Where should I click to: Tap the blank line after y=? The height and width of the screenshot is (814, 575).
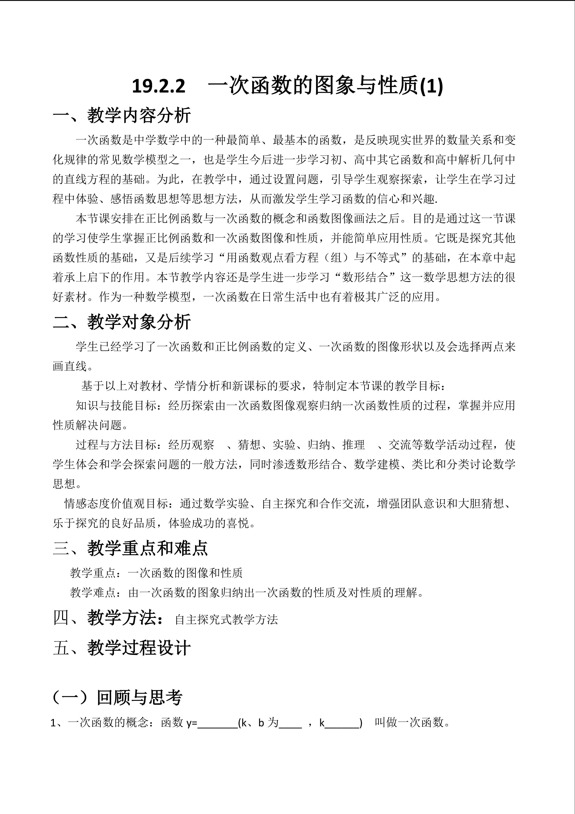(217, 723)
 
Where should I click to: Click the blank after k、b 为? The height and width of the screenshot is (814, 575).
(290, 723)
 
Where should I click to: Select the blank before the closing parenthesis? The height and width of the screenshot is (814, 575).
(342, 723)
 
